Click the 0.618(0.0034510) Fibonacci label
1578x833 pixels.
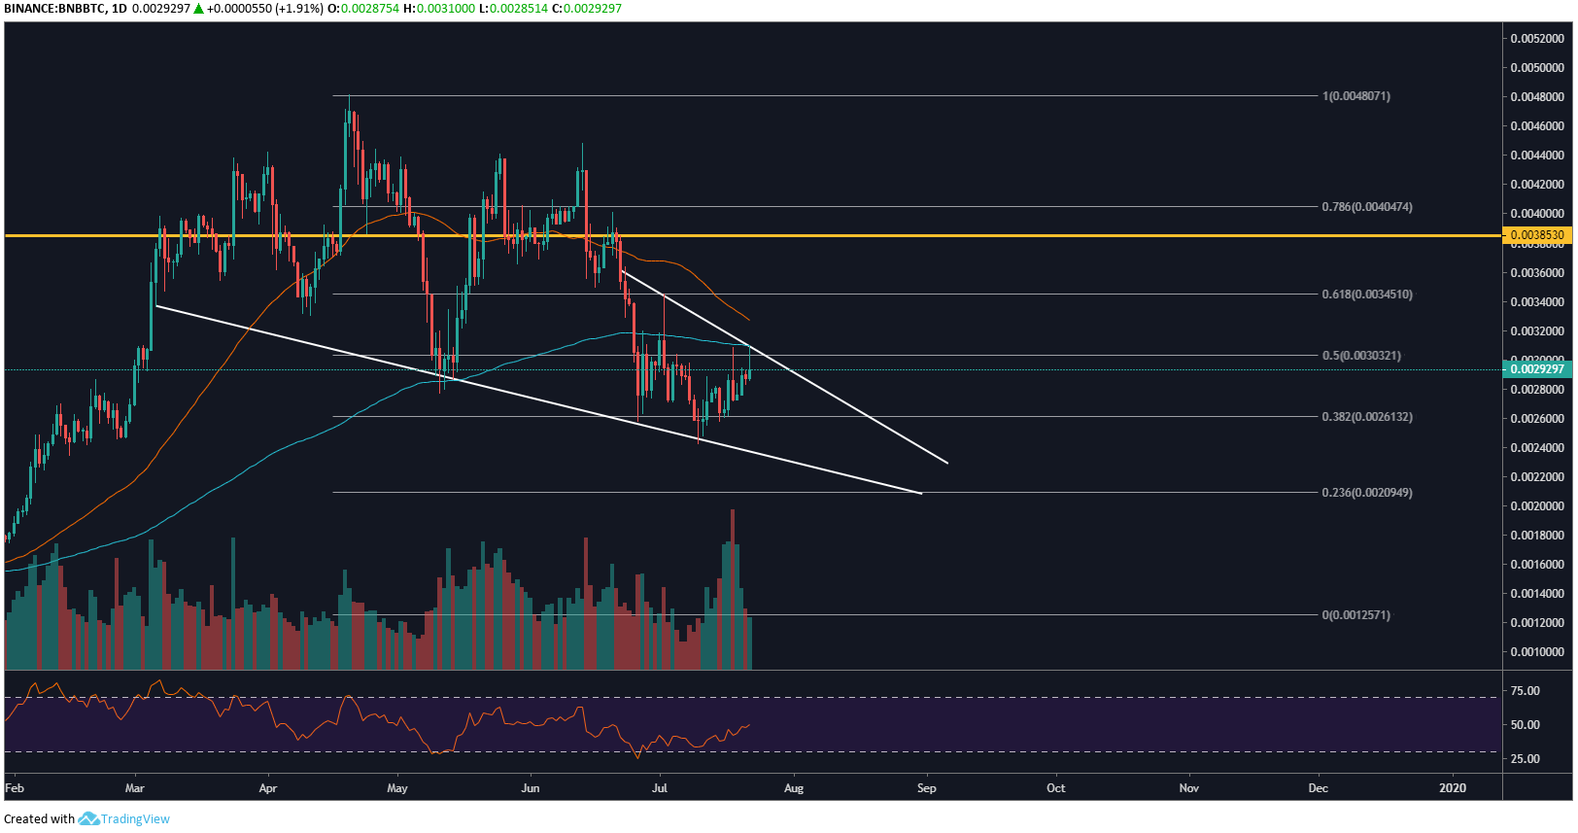point(1366,295)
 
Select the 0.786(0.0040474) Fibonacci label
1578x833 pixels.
point(1366,207)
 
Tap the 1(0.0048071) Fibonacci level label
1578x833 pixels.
point(1355,96)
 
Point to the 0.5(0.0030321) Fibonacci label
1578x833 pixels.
point(1360,356)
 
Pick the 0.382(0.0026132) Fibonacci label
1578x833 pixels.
point(1366,417)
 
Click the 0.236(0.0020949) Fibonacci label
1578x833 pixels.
point(1366,493)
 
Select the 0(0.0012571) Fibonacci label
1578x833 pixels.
point(1355,615)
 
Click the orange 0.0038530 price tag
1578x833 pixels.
point(1536,235)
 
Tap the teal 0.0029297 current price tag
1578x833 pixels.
point(1536,369)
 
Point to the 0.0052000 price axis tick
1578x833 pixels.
point(1536,39)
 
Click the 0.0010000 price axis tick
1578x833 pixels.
point(1536,652)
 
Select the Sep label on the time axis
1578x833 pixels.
point(926,788)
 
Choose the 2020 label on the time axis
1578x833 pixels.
point(1452,788)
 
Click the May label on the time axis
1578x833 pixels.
point(396,788)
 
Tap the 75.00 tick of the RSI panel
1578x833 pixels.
point(1525,691)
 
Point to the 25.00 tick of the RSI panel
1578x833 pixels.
point(1525,759)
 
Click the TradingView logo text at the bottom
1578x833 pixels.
point(135,819)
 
